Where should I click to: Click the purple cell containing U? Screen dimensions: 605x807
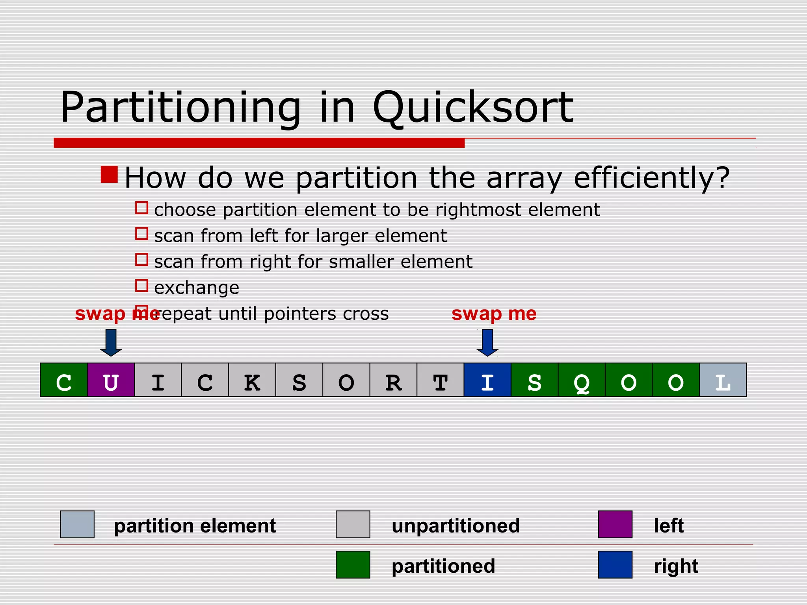click(x=111, y=380)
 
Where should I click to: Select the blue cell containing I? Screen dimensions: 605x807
click(x=487, y=380)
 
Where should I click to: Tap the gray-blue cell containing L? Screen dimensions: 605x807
click(x=723, y=380)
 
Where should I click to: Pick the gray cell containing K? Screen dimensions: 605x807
click(x=252, y=380)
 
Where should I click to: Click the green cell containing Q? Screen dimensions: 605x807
click(x=582, y=380)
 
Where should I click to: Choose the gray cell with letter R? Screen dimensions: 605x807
click(x=393, y=380)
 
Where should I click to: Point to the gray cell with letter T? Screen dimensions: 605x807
click(x=440, y=380)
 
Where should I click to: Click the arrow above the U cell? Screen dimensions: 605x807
click(x=111, y=342)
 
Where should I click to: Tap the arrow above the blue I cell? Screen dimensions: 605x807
click(x=487, y=342)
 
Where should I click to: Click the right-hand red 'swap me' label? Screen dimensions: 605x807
click(x=494, y=314)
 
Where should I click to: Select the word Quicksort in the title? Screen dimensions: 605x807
click(x=473, y=107)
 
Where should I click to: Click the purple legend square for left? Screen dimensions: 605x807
click(x=615, y=524)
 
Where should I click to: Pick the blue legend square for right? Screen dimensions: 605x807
click(x=615, y=564)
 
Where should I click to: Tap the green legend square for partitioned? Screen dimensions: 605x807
click(x=353, y=564)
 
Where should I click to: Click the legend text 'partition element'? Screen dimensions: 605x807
click(x=195, y=526)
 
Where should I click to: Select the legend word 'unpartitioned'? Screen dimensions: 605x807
click(x=456, y=526)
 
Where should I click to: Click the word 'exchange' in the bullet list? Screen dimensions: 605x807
click(x=197, y=288)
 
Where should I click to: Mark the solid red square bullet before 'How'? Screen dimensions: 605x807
click(x=109, y=174)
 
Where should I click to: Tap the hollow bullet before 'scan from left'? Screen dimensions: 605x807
click(x=141, y=234)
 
